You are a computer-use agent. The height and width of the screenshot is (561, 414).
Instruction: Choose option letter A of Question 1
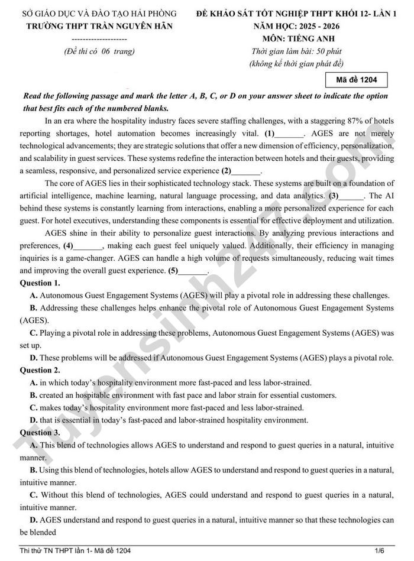34,296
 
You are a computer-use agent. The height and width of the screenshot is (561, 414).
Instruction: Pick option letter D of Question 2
34,420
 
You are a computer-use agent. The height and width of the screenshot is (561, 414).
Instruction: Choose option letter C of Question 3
34,495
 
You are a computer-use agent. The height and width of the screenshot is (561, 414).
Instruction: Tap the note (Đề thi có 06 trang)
99,51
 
